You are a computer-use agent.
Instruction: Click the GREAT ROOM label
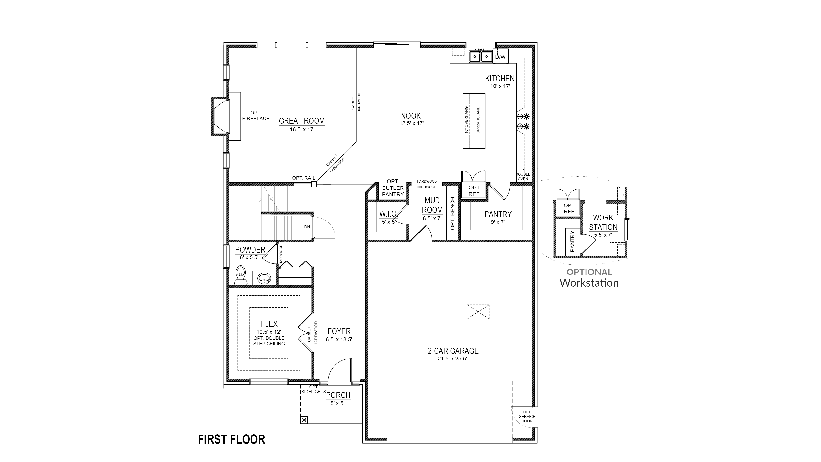302,121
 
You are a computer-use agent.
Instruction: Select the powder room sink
264,278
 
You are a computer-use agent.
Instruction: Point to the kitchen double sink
481,56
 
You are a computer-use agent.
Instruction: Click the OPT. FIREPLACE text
256,115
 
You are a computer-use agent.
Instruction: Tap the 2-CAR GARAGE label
453,351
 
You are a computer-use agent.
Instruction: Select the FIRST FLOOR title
231,439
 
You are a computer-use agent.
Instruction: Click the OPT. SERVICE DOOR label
527,416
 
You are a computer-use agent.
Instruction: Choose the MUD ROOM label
432,205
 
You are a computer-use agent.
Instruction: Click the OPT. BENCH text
452,213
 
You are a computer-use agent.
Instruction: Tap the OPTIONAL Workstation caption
589,278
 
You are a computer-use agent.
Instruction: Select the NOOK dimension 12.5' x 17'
411,123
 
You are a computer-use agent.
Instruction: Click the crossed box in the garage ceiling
478,311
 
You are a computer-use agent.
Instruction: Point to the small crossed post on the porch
304,420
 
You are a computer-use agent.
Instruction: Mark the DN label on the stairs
307,227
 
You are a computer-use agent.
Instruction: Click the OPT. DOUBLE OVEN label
523,174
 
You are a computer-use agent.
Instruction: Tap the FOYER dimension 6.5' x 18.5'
339,340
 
